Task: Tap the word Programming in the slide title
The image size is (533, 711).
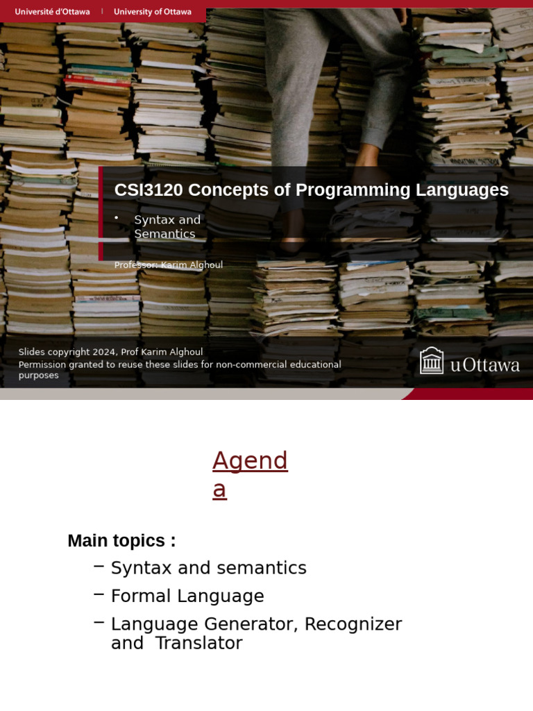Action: click(341, 190)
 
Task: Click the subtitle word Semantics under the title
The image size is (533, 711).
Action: click(164, 234)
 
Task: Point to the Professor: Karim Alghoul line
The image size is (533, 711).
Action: click(169, 265)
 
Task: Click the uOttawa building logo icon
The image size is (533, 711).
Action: click(432, 361)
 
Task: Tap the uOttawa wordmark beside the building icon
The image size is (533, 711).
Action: click(485, 365)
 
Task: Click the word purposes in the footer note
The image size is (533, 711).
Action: click(39, 376)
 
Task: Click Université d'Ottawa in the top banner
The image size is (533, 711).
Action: click(52, 12)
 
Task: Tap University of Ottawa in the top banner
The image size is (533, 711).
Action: click(153, 12)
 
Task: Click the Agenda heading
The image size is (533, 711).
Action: click(250, 474)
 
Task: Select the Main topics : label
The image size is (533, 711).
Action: click(121, 541)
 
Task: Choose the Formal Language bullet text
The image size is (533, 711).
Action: click(187, 596)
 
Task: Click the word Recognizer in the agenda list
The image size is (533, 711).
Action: click(353, 624)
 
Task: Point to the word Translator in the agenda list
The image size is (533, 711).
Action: click(198, 643)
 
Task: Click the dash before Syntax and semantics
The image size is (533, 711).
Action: click(99, 567)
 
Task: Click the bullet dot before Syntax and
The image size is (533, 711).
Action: click(117, 218)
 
